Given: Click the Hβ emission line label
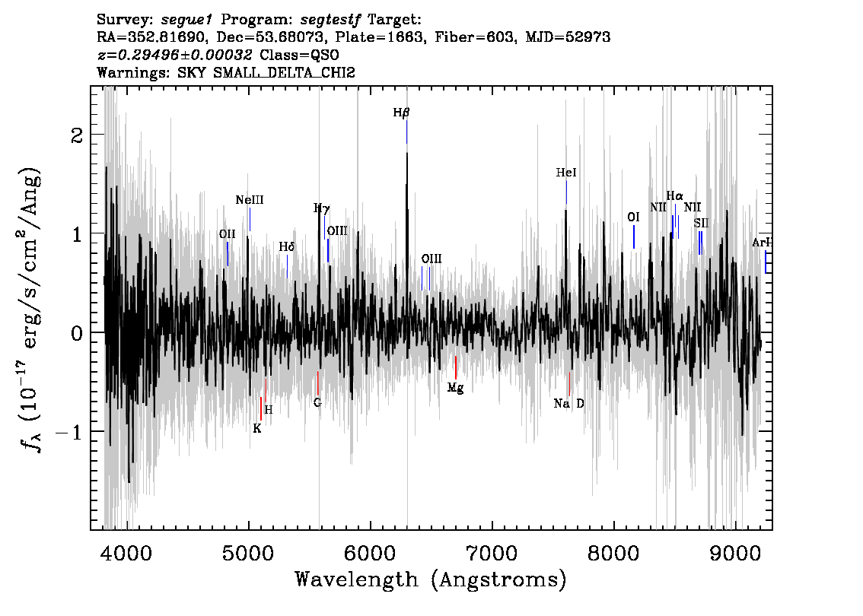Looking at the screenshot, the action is point(401,113).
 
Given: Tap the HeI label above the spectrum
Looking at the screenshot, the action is point(565,173).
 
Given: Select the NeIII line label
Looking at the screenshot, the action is point(250,200).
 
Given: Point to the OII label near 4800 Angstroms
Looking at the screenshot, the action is point(227,234).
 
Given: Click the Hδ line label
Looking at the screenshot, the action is point(287,247).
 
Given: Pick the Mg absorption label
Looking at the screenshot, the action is point(455,389).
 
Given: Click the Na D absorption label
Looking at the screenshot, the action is point(568,404).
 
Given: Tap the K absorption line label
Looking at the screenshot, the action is point(257,428).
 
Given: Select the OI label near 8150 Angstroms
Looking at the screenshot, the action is point(633,218).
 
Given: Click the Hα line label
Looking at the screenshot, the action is point(674,195).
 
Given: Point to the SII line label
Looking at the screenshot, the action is point(701,224).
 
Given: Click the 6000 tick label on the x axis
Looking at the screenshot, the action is point(370,554).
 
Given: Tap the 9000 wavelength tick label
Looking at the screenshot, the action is point(735,554).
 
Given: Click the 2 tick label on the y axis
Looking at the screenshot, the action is point(77,135).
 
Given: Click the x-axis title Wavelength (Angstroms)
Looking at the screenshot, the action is point(431,579).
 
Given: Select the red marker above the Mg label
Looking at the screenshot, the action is point(456,367).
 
